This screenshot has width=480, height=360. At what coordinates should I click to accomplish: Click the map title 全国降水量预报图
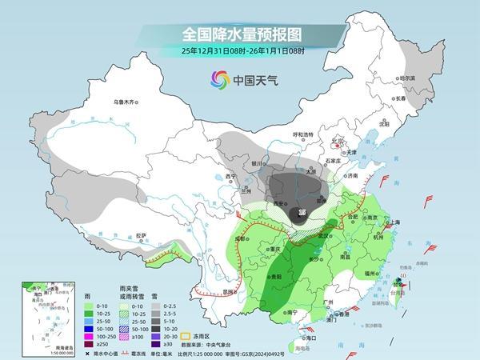coord(240,34)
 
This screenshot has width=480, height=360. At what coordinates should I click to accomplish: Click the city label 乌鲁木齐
coord(126,102)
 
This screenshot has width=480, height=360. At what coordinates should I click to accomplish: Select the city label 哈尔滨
coord(407,78)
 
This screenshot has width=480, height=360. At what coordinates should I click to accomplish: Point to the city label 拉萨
coord(141,235)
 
